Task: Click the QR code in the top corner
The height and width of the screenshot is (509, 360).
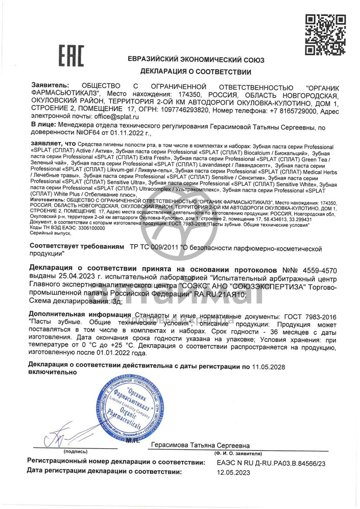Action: click(325, 35)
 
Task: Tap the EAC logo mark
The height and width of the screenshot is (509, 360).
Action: click(72, 56)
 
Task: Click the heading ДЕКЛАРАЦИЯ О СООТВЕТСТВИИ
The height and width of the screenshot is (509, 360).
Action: click(196, 72)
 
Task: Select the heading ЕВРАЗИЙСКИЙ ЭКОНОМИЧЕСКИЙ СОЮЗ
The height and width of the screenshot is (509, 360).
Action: click(196, 60)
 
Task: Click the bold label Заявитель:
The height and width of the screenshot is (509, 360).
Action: click(50, 86)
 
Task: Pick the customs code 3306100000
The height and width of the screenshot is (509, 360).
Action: click(84, 228)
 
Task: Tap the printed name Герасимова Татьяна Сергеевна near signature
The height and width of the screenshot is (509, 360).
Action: click(201, 445)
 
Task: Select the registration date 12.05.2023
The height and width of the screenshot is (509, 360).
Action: click(234, 472)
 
